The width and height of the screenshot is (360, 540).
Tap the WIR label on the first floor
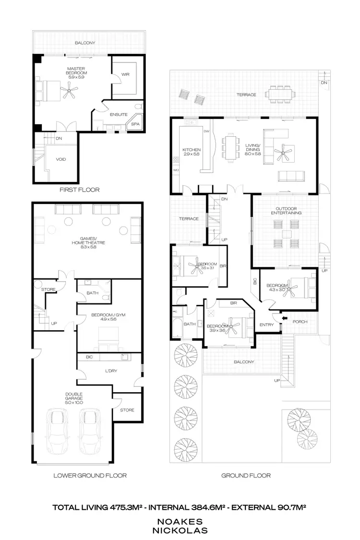pos(125,74)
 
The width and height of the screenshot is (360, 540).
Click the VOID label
pos(61,159)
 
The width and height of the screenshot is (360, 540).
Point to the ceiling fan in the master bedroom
pos(71,89)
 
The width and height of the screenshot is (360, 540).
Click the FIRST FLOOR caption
pos(79,190)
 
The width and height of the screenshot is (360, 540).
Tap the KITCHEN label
pos(191,152)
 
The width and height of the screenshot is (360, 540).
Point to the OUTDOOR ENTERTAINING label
pos(286,210)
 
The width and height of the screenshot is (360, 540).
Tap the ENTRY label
pos(266,325)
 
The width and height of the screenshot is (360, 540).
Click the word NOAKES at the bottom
pos(180,521)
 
